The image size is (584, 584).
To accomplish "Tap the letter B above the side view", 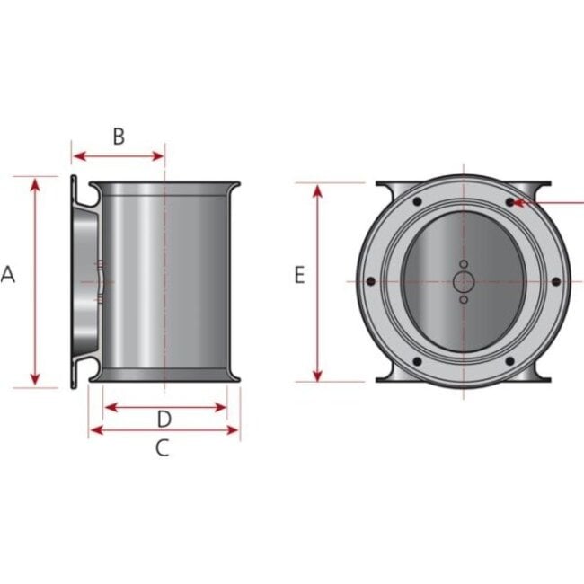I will (119, 137).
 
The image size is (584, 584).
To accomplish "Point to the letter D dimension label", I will (164, 419).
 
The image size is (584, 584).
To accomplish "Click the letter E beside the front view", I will (300, 275).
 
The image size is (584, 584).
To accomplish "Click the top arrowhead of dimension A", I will (35, 183).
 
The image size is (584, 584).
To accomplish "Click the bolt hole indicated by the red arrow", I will (509, 203).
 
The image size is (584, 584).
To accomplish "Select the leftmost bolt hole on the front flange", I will (369, 282).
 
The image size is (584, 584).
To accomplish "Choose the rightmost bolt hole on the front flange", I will (556, 282).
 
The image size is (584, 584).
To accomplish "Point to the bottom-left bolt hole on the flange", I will (416, 362).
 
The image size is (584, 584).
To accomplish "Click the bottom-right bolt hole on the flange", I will (509, 362).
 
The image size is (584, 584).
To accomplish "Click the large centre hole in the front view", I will (463, 282).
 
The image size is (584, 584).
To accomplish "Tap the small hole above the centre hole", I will (463, 264).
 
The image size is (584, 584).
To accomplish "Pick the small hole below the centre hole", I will (463, 300).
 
